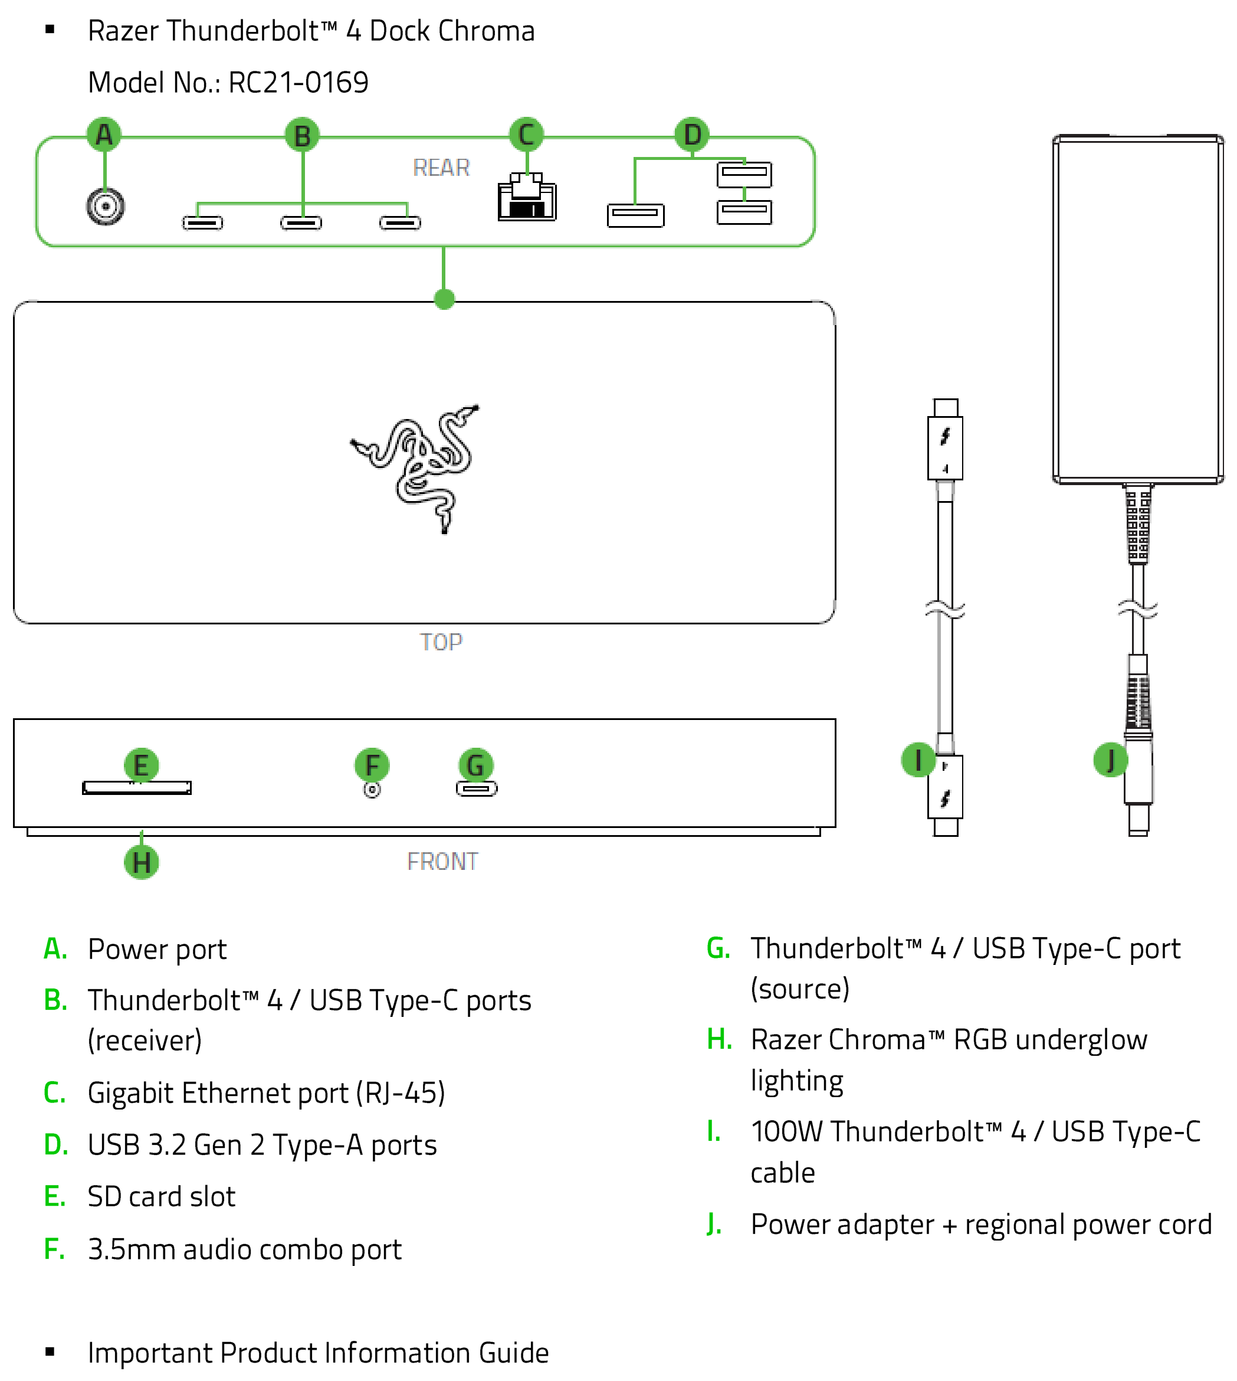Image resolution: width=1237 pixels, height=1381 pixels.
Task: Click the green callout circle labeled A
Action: (104, 135)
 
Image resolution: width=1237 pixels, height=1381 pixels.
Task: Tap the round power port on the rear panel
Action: (106, 206)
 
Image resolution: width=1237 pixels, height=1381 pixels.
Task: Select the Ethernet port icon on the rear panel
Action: (527, 197)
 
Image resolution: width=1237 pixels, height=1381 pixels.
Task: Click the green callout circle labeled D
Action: (692, 135)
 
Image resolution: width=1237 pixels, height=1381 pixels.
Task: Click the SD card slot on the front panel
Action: (137, 787)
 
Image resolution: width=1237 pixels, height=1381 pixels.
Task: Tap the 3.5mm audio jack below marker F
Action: (372, 790)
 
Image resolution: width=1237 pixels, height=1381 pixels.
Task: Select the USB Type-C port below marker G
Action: (477, 788)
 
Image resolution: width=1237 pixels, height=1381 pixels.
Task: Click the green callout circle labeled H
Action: (142, 862)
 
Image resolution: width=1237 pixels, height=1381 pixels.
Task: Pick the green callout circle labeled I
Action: (918, 760)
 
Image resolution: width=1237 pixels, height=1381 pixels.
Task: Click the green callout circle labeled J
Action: (1111, 760)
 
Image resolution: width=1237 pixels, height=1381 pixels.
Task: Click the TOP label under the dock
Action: (441, 642)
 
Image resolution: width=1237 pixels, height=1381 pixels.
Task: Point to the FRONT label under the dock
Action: (442, 862)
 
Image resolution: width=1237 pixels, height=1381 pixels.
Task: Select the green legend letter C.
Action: (54, 1092)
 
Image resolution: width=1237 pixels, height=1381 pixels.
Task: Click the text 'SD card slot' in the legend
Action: (162, 1197)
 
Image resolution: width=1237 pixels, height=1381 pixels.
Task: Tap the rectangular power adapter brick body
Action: (1138, 309)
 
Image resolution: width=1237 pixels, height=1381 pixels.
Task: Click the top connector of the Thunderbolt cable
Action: (946, 439)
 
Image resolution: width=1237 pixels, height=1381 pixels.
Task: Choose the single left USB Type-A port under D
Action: (635, 215)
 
